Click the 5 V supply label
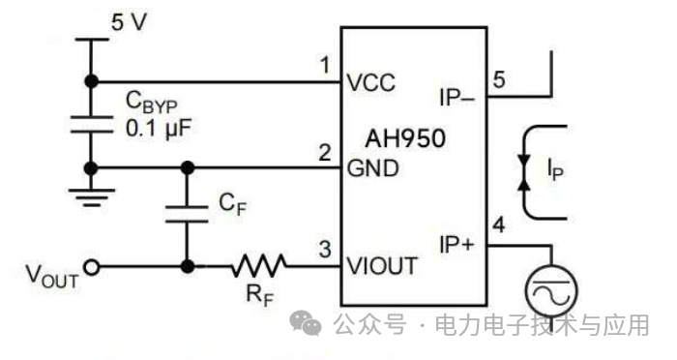[x=129, y=22]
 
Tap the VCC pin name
[x=370, y=82]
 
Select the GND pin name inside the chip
[x=372, y=168]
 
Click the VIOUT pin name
[x=382, y=266]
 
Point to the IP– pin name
[x=456, y=97]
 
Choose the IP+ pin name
[x=456, y=244]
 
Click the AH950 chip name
[x=405, y=138]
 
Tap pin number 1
[x=325, y=65]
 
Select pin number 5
[x=499, y=80]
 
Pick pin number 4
[x=499, y=225]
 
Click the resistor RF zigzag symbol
[x=258, y=266]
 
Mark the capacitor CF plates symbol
[x=187, y=215]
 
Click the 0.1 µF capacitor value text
[x=158, y=129]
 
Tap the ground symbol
[x=91, y=197]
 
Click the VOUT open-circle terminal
[x=92, y=267]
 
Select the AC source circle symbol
[x=551, y=290]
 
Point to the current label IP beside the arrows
[x=555, y=169]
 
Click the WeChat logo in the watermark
[x=306, y=323]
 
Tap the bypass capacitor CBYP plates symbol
[x=91, y=124]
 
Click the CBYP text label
[x=151, y=103]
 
